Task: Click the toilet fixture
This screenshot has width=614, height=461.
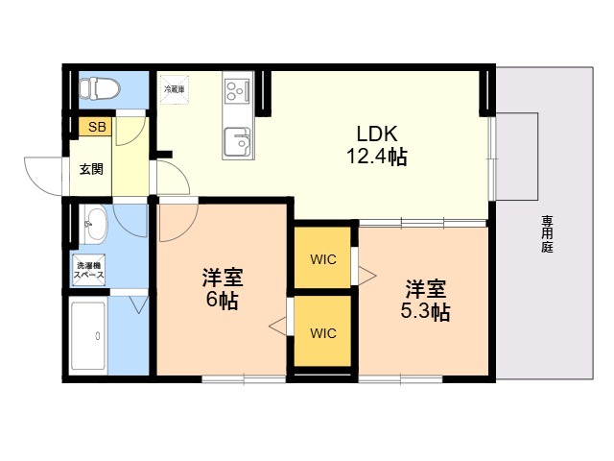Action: tap(98, 88)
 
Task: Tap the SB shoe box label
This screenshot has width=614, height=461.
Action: tap(97, 126)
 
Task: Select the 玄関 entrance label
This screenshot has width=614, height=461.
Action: tap(91, 169)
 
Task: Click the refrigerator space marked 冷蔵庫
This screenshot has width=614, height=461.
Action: tap(175, 88)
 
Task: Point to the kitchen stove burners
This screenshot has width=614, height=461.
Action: tap(235, 92)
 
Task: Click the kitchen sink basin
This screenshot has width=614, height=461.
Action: tap(236, 145)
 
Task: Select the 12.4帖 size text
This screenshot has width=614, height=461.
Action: tap(377, 157)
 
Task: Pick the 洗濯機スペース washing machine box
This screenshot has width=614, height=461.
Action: tap(88, 271)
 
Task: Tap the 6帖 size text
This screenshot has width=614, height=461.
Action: tap(222, 301)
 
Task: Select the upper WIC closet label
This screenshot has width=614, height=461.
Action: tap(322, 258)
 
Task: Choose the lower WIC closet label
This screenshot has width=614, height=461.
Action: tap(322, 333)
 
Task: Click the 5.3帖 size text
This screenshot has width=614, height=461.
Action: tap(425, 311)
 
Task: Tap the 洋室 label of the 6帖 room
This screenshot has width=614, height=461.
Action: tap(222, 279)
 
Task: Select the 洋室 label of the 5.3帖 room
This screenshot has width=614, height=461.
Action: tap(425, 288)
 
